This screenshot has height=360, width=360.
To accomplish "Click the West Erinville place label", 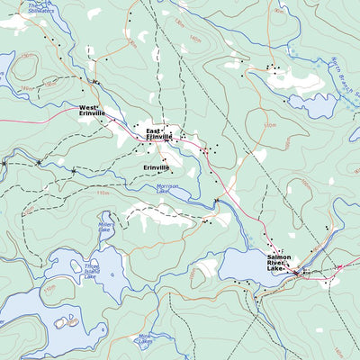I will [x=91, y=110].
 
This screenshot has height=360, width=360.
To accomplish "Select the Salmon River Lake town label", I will [x=279, y=262].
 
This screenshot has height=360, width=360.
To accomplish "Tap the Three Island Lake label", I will [x=90, y=270].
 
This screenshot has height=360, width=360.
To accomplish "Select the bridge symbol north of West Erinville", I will [x=95, y=83].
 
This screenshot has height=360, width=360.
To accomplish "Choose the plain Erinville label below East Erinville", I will [x=156, y=167].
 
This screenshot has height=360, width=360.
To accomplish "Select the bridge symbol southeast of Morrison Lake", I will [x=217, y=200].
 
